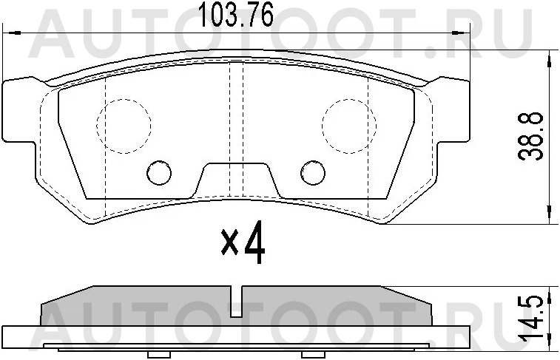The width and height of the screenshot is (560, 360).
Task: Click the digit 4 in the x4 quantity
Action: pyautogui.click(x=253, y=245)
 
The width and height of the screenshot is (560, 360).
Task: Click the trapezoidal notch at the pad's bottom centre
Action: pyautogui.click(x=236, y=181)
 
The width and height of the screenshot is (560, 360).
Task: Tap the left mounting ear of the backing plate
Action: pyautogui.click(x=20, y=111)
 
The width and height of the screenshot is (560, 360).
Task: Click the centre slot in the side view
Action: pyautogui.click(x=236, y=296)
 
